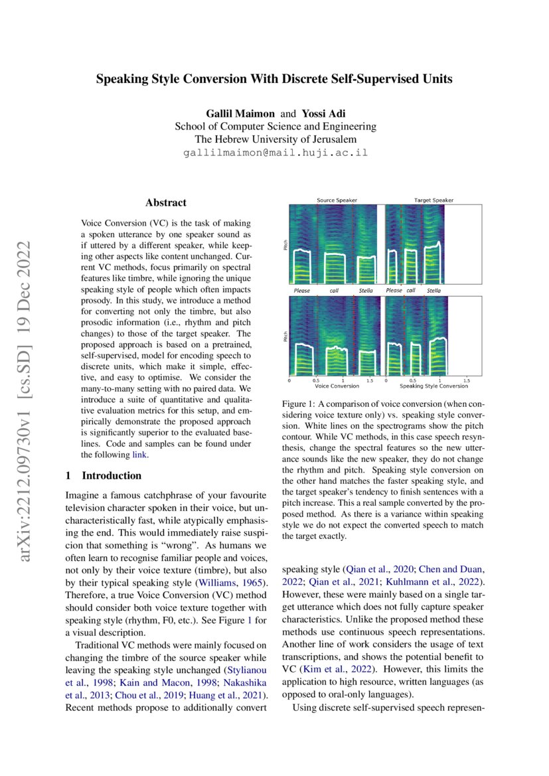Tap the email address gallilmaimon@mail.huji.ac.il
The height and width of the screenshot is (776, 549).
[x=275, y=152]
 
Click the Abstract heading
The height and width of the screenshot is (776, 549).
[x=166, y=202]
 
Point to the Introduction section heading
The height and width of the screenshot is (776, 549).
[x=111, y=475]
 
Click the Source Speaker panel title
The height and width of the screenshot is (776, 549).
[x=337, y=200]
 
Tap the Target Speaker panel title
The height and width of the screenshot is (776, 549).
[x=433, y=200]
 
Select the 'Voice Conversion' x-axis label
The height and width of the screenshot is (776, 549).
[x=337, y=386]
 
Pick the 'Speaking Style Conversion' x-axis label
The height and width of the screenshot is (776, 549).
[x=433, y=386]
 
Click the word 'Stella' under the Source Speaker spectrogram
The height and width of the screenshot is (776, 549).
[x=366, y=291]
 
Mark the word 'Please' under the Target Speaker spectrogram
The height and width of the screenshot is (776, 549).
[x=394, y=291]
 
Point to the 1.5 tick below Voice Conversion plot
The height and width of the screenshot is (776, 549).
[x=369, y=380]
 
